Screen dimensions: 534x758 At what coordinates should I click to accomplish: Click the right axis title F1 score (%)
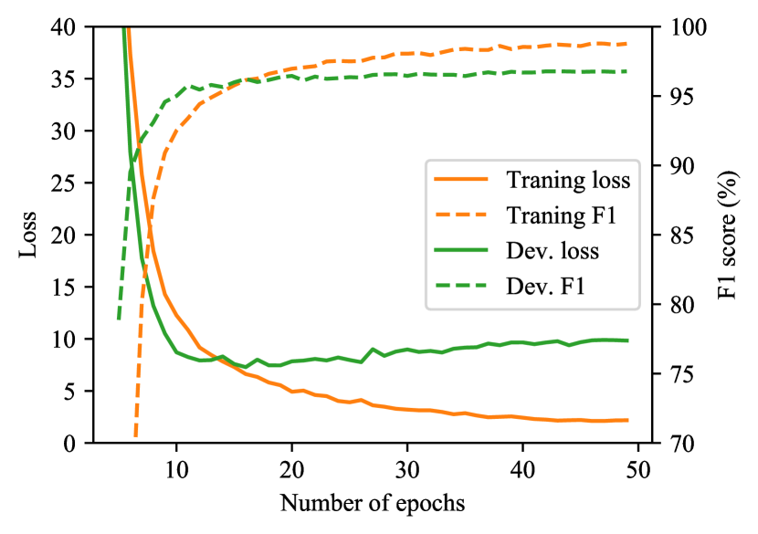[x=727, y=235]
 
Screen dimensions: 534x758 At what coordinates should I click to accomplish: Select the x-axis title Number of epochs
[x=372, y=503]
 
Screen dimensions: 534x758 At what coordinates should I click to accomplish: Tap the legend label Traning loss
[x=568, y=180]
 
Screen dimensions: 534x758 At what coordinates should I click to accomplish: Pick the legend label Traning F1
[x=559, y=215]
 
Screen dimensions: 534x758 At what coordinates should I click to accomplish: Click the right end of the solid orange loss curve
[x=626, y=420]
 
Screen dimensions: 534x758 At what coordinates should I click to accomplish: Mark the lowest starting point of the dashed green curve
[x=119, y=319]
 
